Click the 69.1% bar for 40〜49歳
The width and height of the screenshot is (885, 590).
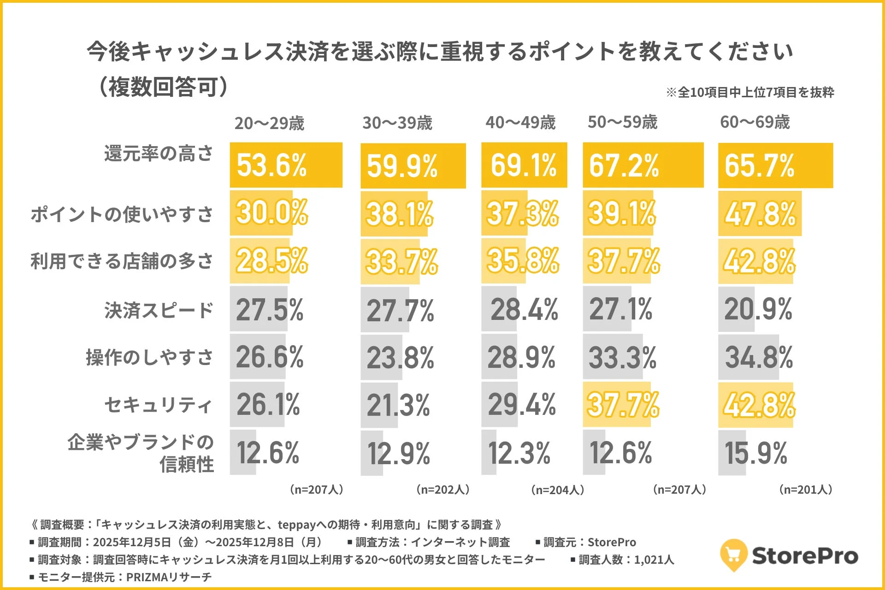(524, 165)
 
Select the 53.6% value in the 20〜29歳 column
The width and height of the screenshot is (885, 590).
(271, 165)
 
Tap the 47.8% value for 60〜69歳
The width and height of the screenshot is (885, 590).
(760, 214)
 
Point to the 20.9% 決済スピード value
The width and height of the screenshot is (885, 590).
(758, 309)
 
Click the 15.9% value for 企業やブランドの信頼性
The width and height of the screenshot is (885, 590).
(755, 453)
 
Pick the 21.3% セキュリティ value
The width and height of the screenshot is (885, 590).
(398, 406)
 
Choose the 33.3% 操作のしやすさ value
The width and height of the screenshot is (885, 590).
(622, 357)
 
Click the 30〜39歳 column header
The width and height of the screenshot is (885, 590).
(397, 123)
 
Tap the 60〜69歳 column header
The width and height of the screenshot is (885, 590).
(755, 122)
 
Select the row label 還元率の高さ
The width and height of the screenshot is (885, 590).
(159, 153)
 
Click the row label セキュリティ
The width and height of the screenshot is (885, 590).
(159, 405)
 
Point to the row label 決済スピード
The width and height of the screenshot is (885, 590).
(159, 310)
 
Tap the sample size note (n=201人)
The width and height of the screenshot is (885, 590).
(805, 490)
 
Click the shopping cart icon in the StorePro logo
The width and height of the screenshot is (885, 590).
(733, 555)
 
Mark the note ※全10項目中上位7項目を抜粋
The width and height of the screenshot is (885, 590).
(750, 92)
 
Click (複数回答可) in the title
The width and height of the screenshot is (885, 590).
(163, 87)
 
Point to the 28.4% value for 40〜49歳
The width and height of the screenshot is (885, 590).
(524, 309)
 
